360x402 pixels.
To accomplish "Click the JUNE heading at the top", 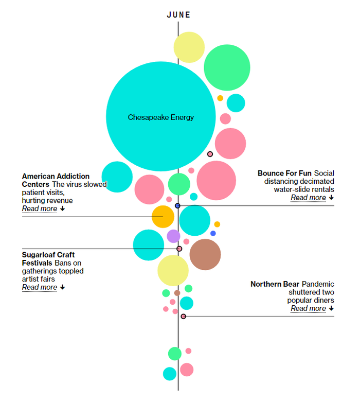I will pos(178,15).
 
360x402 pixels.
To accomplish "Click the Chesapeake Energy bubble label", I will pos(161,117).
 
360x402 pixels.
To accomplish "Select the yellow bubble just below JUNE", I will pos(189,47).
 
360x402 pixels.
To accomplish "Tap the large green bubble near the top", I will pos(227,67).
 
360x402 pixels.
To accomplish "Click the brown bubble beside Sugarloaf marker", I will pos(205,254).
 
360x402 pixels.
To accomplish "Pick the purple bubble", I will pos(173,236).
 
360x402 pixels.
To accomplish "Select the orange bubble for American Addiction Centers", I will pos(163,217).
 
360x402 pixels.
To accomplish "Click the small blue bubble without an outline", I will pos(213,233).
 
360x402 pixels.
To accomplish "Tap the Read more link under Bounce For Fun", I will pos(308,198).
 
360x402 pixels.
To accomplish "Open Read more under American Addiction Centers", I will pos(40,209).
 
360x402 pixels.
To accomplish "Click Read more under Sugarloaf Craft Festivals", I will pos(40,288).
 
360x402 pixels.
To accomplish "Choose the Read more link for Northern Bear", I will pos(308,309).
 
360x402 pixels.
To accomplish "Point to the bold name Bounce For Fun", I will pos(284,173).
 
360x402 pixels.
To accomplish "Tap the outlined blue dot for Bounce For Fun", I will pos(177,206).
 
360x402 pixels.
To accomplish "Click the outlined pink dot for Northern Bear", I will pos(183,316).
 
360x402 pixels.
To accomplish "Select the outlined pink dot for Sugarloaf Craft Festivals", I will pos(179,249).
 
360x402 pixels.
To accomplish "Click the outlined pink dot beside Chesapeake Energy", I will pos(210,154).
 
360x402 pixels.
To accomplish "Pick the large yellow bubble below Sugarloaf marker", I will pos(173,270).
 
